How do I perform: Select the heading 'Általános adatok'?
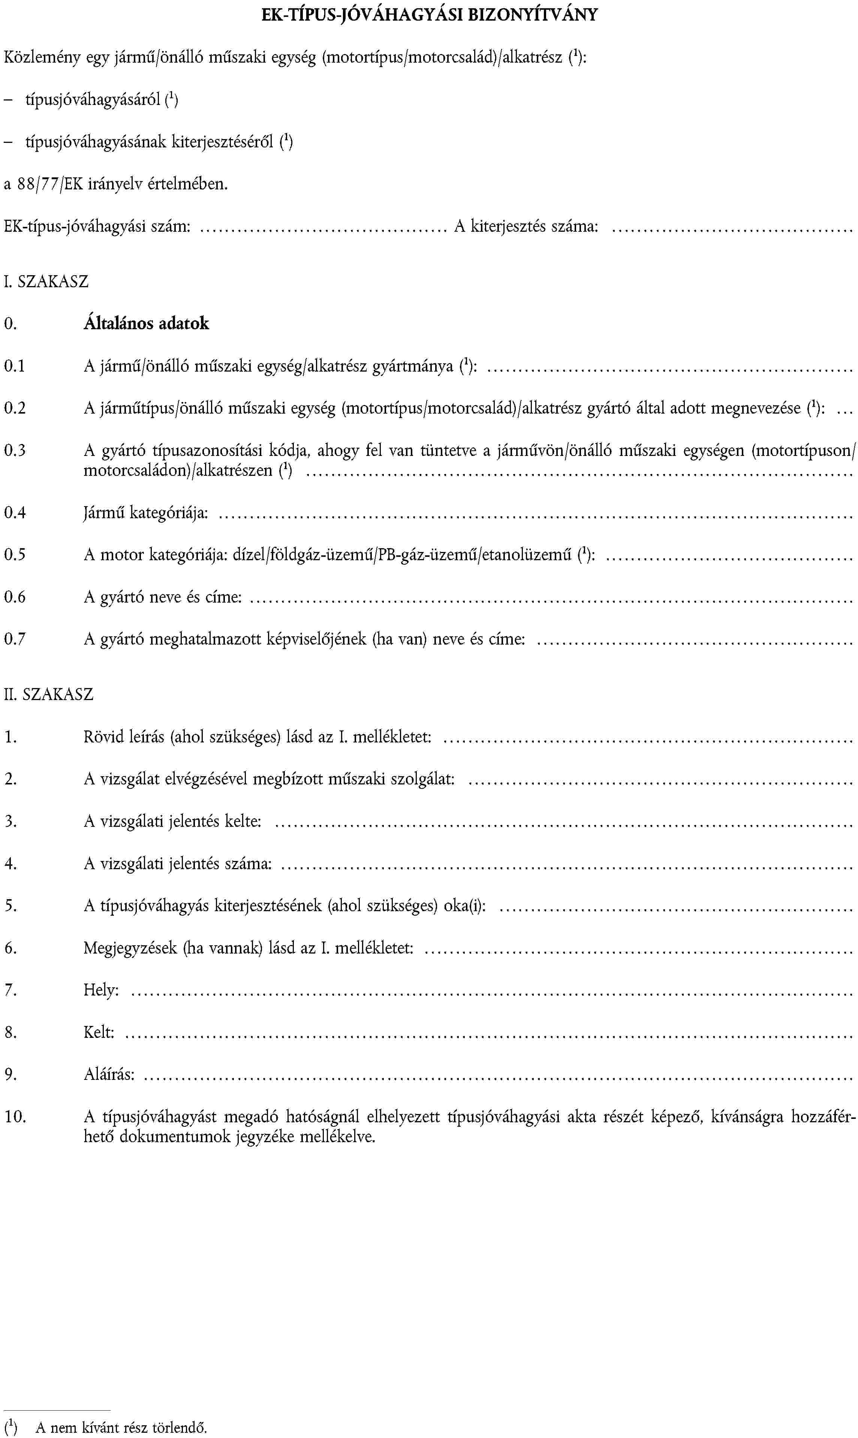(x=146, y=323)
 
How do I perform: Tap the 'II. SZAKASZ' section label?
(x=49, y=694)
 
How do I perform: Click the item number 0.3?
(x=15, y=450)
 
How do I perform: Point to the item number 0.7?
(x=15, y=639)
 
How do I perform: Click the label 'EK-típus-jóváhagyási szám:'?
(x=97, y=226)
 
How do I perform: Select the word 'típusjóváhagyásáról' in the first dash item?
(x=93, y=100)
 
